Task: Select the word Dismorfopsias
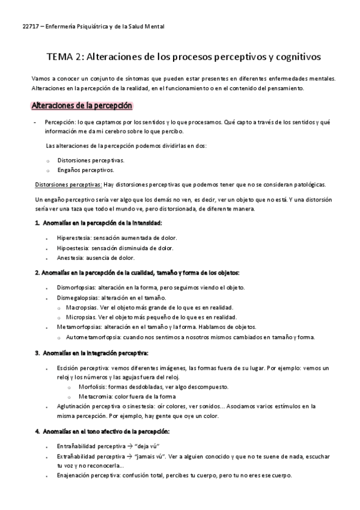[x=76, y=287]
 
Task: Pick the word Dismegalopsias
[x=79, y=297]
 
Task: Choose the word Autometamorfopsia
[x=92, y=337]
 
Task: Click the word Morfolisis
[x=91, y=387]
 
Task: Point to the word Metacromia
[x=94, y=396]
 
